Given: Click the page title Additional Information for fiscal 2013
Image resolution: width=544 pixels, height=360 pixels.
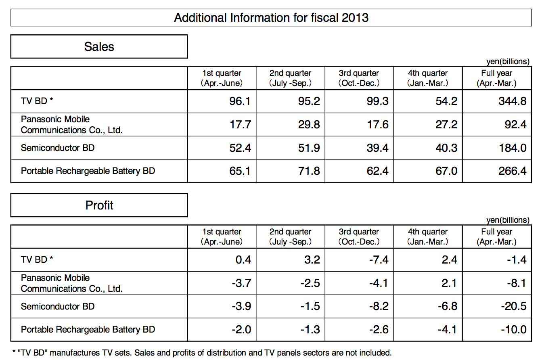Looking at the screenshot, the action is (271, 18).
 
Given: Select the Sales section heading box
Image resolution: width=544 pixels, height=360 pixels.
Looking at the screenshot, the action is (99, 46).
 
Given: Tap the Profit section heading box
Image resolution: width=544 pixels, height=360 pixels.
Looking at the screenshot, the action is (99, 205).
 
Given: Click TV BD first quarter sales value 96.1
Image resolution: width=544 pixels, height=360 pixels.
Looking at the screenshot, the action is (240, 101).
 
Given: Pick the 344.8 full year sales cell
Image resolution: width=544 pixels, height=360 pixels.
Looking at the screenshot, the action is (513, 101).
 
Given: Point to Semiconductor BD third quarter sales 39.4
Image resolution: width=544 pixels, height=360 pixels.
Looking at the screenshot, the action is (377, 148).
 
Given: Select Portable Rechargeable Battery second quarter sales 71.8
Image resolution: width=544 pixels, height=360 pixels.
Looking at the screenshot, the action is (309, 171).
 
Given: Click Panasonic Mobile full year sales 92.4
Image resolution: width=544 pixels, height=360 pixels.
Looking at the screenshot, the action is (515, 124).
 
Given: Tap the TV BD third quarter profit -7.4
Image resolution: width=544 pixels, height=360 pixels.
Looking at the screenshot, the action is (379, 260).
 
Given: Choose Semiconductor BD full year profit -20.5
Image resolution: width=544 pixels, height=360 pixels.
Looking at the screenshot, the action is (514, 306).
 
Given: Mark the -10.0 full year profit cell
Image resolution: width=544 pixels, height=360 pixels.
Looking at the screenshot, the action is (514, 329).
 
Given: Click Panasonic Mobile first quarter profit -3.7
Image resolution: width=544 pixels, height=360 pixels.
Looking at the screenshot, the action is (241, 283).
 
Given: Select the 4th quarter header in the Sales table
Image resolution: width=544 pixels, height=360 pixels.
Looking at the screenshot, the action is (428, 78).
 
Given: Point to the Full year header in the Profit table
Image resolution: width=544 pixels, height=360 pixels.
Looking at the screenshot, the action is (497, 237).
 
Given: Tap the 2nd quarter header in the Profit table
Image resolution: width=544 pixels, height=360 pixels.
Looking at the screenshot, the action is (290, 237).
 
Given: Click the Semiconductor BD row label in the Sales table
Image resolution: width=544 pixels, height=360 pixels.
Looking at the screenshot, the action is (58, 148).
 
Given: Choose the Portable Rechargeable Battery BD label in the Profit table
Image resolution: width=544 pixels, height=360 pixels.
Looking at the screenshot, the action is (88, 329).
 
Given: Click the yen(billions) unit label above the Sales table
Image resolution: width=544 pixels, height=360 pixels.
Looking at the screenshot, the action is (508, 61).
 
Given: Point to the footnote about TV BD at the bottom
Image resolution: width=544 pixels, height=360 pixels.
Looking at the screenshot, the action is (202, 352).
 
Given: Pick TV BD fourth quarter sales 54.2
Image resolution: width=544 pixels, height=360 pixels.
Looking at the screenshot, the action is (446, 101).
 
